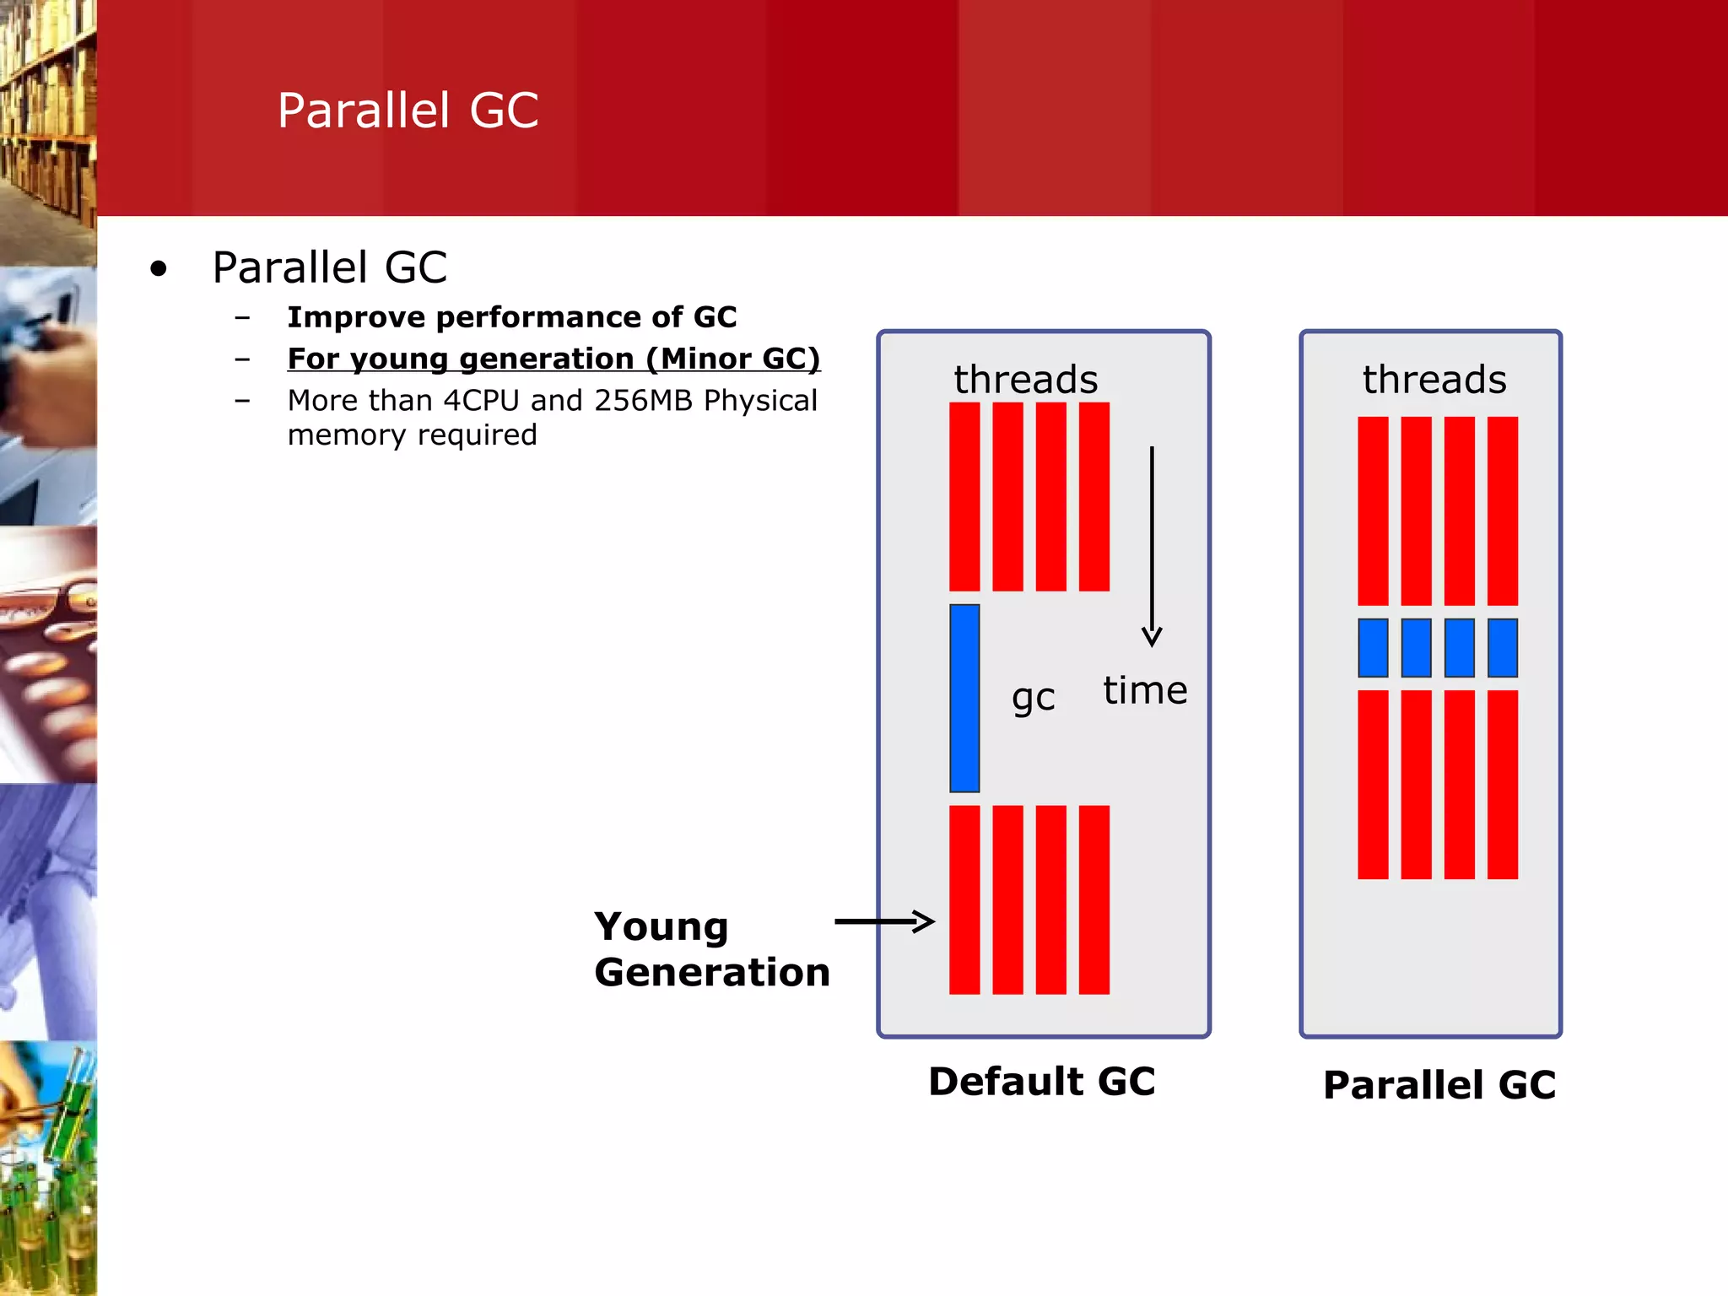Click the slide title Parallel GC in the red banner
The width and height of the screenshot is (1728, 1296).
tap(408, 111)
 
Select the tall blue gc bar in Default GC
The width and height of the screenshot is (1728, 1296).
tap(964, 698)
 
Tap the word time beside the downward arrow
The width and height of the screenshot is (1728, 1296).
tap(1145, 690)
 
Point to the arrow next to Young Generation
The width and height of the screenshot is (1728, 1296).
tap(884, 921)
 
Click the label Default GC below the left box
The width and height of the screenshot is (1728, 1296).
tap(1041, 1082)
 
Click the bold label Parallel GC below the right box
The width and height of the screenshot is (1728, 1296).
tap(1439, 1085)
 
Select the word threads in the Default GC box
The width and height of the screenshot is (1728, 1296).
tap(1026, 379)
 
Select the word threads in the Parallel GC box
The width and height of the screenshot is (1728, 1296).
tap(1434, 379)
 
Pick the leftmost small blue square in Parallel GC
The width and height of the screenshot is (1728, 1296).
tap(1373, 648)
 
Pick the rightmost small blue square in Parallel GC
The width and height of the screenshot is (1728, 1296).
tap(1502, 648)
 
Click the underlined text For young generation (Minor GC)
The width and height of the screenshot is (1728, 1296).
tap(553, 359)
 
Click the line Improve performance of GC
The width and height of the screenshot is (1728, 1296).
tap(512, 317)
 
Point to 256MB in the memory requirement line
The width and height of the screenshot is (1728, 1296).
tap(645, 400)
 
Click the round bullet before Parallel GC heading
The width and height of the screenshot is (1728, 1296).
tap(159, 269)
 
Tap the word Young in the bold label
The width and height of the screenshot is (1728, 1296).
tap(661, 927)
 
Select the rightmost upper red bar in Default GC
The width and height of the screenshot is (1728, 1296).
tap(1093, 496)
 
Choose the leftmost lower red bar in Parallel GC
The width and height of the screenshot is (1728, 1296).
tap(1373, 785)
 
